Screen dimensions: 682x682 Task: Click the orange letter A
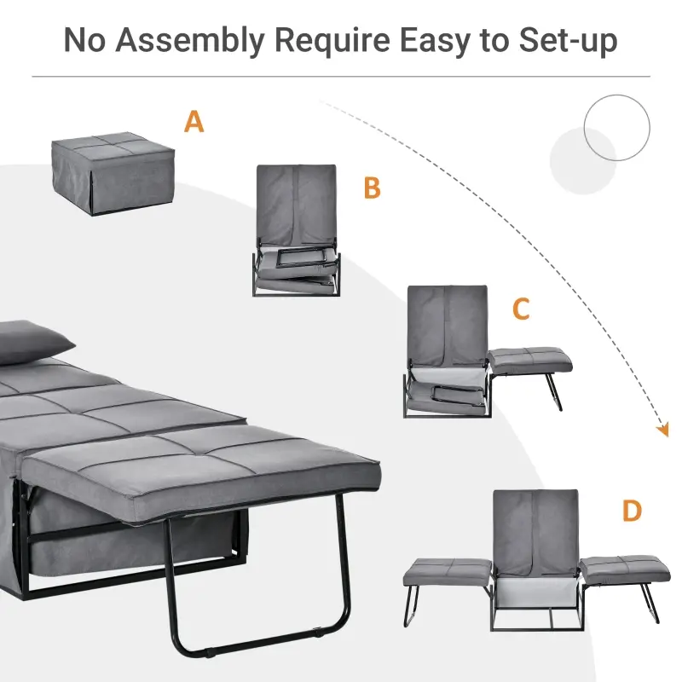point(194,122)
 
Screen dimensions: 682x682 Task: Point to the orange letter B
point(372,188)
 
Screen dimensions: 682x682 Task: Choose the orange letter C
point(521,309)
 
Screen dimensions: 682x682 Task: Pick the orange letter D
point(632,511)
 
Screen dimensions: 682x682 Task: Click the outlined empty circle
point(616,128)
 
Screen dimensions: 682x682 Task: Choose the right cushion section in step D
point(620,568)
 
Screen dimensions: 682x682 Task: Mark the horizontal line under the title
point(341,78)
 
